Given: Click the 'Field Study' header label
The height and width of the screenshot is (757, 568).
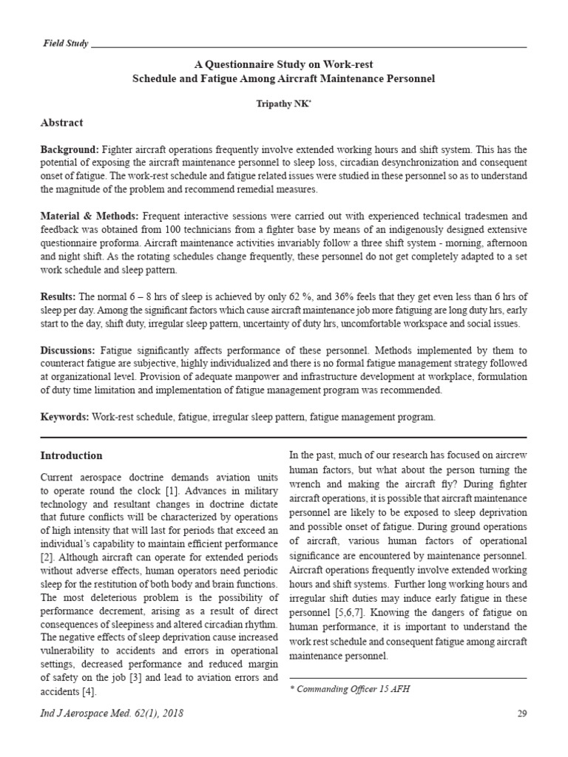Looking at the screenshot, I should (65, 44).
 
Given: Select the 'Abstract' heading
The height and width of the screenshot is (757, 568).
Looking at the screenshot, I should (61, 123).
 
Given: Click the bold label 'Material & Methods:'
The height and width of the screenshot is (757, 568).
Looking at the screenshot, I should (89, 217).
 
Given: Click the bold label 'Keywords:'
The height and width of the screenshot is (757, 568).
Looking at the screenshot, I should (65, 418).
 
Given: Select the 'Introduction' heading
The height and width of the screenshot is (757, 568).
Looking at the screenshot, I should (71, 455).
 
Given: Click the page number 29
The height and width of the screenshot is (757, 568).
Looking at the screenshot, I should (520, 713).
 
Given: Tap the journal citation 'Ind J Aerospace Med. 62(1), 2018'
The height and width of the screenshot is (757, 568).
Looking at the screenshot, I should (112, 713).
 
